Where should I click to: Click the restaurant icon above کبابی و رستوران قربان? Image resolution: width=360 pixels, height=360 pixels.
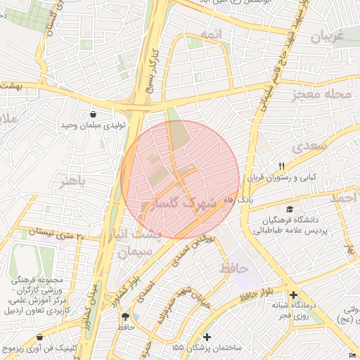(x=281, y=166)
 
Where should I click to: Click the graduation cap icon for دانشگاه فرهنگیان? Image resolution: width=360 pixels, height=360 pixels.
(x=290, y=209)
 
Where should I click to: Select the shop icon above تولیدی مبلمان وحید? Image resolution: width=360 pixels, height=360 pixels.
(x=93, y=115)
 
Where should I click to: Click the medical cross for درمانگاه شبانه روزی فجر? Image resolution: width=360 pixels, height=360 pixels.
(x=293, y=295)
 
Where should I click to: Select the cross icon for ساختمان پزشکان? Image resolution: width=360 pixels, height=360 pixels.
(x=207, y=337)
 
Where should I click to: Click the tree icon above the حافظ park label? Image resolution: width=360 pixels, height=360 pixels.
(x=125, y=316)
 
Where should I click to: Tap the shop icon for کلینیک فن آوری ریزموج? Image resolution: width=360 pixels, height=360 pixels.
(x=40, y=337)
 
